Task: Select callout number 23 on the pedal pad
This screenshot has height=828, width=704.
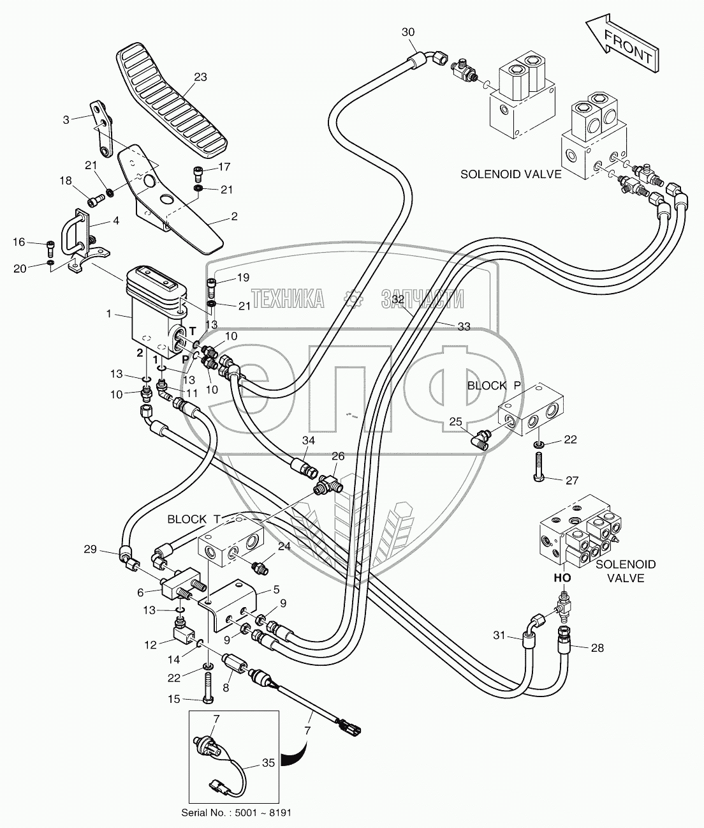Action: click(x=201, y=78)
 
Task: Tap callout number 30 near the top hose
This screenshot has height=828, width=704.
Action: click(x=408, y=33)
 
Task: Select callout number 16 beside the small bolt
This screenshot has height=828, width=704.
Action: click(x=19, y=242)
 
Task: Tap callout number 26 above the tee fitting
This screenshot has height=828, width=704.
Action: click(x=337, y=456)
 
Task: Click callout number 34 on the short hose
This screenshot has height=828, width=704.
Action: click(x=309, y=440)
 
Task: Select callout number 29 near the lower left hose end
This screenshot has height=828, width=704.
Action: click(x=90, y=548)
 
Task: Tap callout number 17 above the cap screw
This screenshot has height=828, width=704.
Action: click(x=224, y=167)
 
